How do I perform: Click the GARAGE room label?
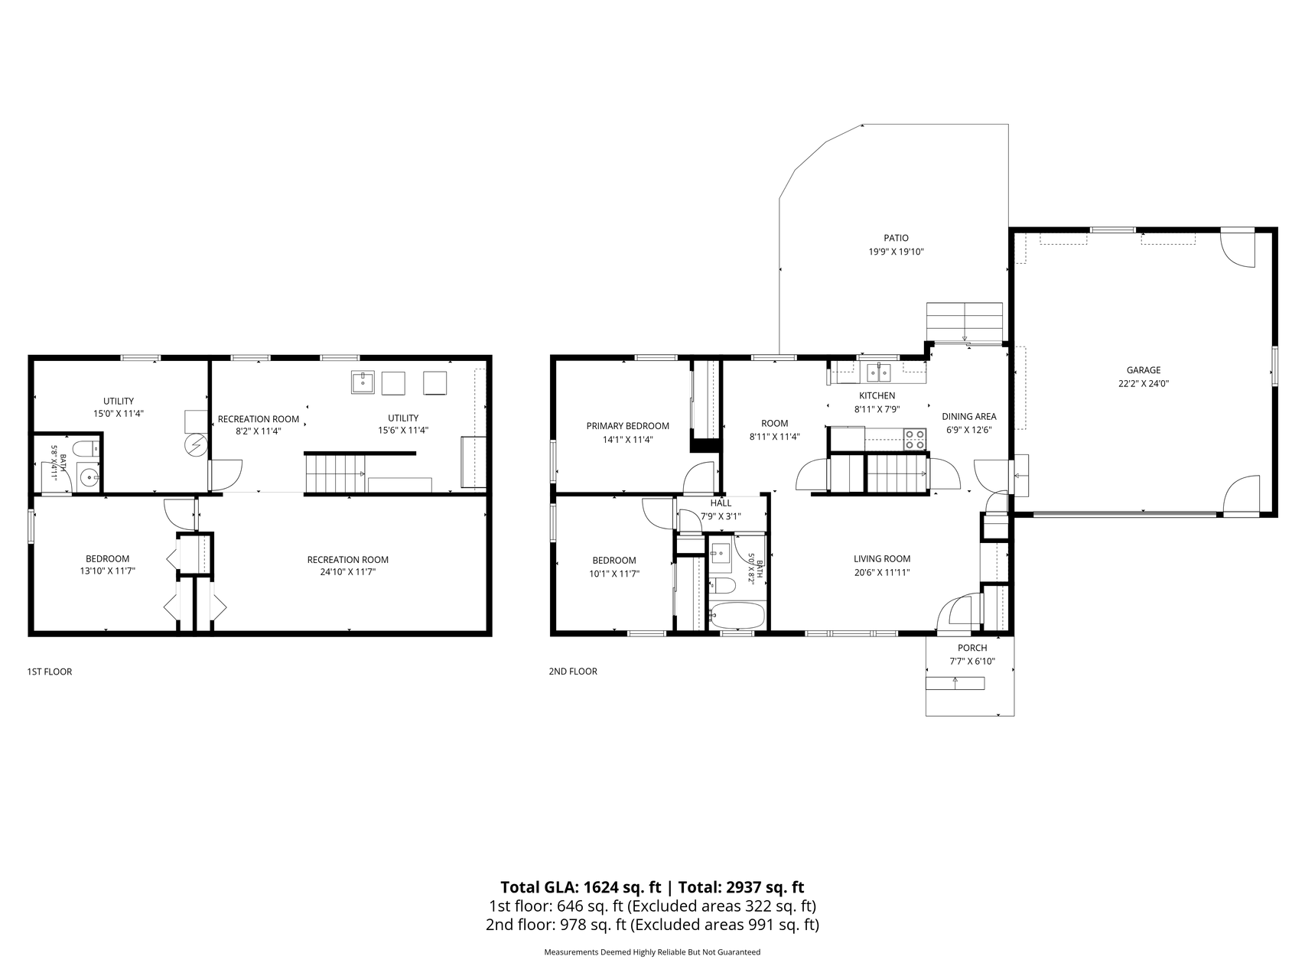coord(1143,370)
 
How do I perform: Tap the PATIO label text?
coord(896,239)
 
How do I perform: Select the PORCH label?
coord(972,648)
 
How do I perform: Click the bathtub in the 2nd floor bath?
coord(737,616)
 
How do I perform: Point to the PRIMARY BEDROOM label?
coord(628,426)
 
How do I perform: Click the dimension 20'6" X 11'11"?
coord(882,572)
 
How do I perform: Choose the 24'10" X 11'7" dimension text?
coord(348,571)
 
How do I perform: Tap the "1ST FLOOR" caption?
coord(50,672)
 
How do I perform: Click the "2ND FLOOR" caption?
coord(573,672)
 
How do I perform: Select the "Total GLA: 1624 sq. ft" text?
coord(581,887)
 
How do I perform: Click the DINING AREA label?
coord(969,417)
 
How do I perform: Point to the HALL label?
coord(721,503)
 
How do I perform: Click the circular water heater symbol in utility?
coord(197,444)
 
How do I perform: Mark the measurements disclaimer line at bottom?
coord(652,952)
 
